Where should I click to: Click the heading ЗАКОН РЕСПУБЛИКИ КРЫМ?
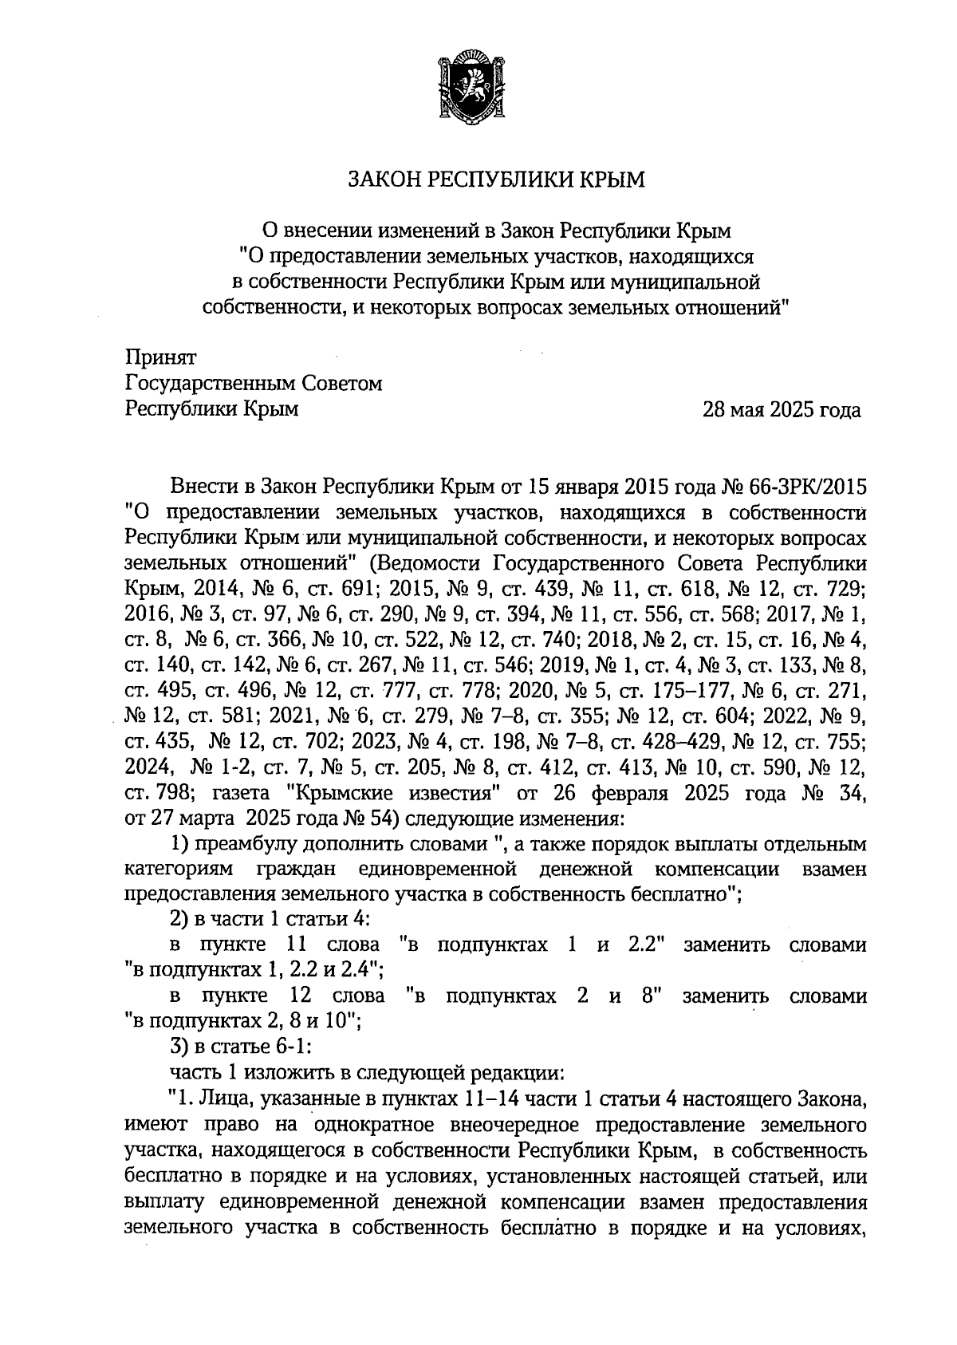click(x=495, y=180)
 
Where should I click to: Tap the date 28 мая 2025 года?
click(x=781, y=410)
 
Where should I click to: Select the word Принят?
click(x=160, y=358)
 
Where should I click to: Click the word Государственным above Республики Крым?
click(x=210, y=384)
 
